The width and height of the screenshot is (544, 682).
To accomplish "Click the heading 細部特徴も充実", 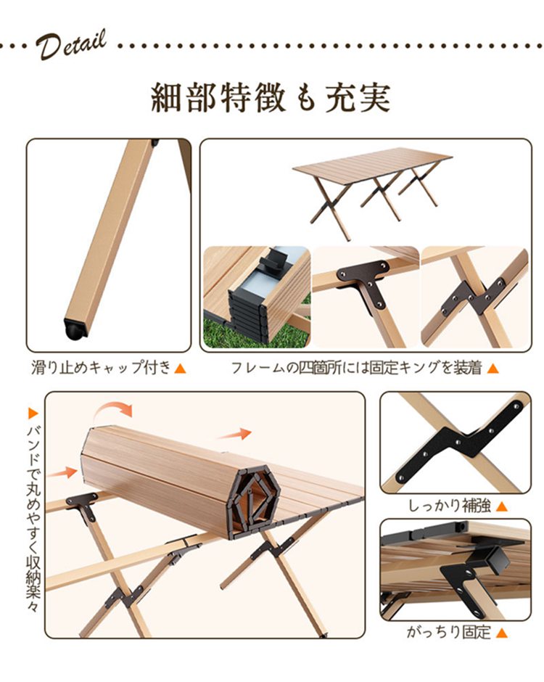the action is tap(271, 97).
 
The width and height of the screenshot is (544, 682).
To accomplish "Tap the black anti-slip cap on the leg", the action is tap(75, 329).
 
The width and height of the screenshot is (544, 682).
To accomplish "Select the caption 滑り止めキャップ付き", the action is tap(102, 368).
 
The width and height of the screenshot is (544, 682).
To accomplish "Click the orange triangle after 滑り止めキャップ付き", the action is tap(180, 369).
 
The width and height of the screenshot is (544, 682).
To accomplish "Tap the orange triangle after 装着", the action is tap(493, 369).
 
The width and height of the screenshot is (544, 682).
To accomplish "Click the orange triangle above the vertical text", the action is tap(33, 414).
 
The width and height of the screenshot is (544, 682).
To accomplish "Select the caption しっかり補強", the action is tap(449, 506).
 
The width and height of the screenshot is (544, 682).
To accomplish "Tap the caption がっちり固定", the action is tap(449, 632).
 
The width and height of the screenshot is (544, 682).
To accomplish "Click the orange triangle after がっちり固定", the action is tap(502, 633).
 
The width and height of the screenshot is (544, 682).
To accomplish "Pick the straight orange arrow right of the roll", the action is tap(234, 434).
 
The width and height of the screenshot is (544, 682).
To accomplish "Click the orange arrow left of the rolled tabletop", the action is tap(64, 472).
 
